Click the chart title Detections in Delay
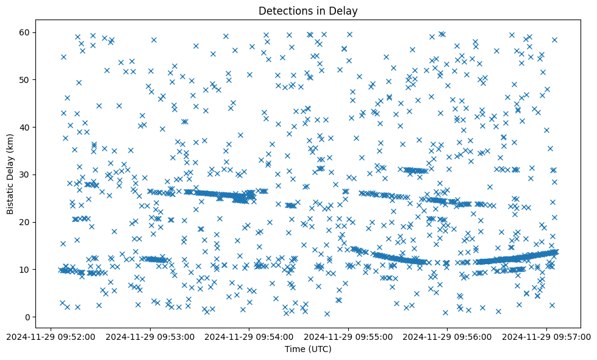pyautogui.click(x=308, y=10)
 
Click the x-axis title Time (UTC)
pyautogui.click(x=308, y=350)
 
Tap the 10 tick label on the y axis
pyautogui.click(x=26, y=269)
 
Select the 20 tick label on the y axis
pyautogui.click(x=26, y=222)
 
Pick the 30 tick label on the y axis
pyautogui.click(x=26, y=175)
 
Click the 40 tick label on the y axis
pyautogui.click(x=26, y=127)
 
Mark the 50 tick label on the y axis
pyautogui.click(x=26, y=79)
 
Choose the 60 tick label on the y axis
pyautogui.click(x=26, y=32)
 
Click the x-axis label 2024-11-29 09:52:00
pyautogui.click(x=51, y=336)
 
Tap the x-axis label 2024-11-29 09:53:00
pyautogui.click(x=150, y=336)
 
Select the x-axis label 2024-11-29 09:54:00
pyautogui.click(x=249, y=336)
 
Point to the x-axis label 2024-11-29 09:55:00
pyautogui.click(x=349, y=336)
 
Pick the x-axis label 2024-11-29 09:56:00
pyautogui.click(x=448, y=336)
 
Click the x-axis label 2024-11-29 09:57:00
pyautogui.click(x=547, y=336)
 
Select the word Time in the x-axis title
pyautogui.click(x=295, y=350)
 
